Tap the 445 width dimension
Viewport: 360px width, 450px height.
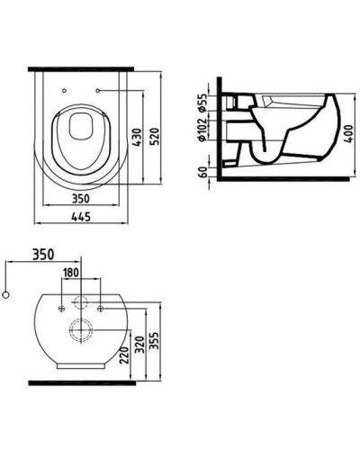point(82,216)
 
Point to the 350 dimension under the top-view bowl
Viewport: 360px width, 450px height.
point(82,196)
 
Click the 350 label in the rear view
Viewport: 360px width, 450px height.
point(40,254)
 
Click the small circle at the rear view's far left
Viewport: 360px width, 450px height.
point(7,294)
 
